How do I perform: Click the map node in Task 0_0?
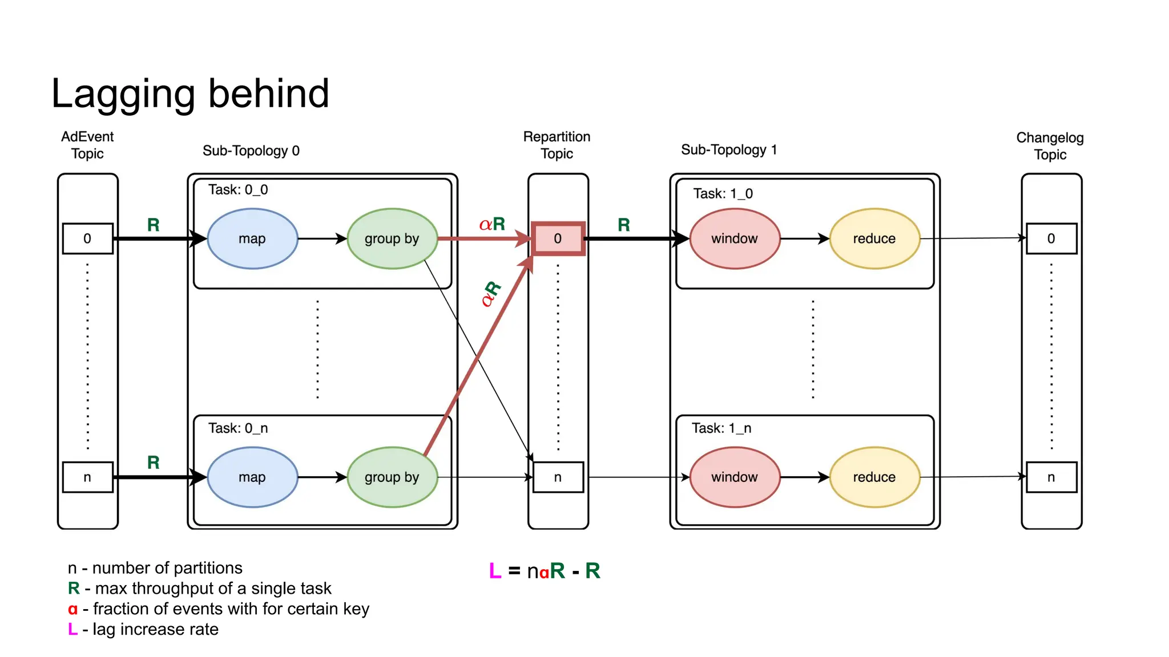252,238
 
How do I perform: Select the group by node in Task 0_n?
392,477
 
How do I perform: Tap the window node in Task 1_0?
735,238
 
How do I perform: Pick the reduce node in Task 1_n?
874,477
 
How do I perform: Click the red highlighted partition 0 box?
558,238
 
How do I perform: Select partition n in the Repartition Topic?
558,477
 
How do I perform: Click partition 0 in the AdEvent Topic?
87,238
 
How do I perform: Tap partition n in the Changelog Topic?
1051,477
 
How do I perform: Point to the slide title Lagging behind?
190,94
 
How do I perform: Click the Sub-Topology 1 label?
728,150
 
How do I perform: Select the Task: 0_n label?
237,428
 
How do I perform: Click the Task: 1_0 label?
723,194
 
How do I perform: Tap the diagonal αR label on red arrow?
490,294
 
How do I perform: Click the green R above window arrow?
624,225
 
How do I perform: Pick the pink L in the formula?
495,571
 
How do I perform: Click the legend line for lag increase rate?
143,630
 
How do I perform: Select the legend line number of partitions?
155,568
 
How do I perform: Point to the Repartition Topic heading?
557,145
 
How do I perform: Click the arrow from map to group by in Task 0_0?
322,238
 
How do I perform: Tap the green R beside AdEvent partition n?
153,463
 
